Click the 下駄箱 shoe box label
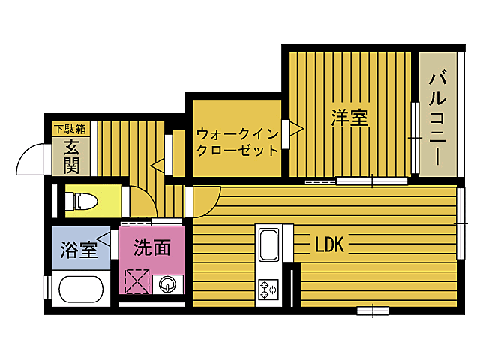coord(70,130)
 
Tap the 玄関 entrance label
coord(72,157)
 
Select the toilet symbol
coord(82,202)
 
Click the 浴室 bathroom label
coord(79,250)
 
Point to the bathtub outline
coord(81,289)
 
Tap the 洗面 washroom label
coord(152,247)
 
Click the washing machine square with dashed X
coord(137,281)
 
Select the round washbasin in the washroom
coord(168,284)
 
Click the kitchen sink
coord(269,244)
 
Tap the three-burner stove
coord(268,289)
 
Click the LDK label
coord(329,244)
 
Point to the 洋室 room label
coord(350,118)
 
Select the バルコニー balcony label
coord(438,118)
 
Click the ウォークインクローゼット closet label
coord(238,142)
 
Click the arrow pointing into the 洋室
coord(296,129)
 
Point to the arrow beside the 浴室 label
coord(103,238)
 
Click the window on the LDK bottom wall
coord(373,310)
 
